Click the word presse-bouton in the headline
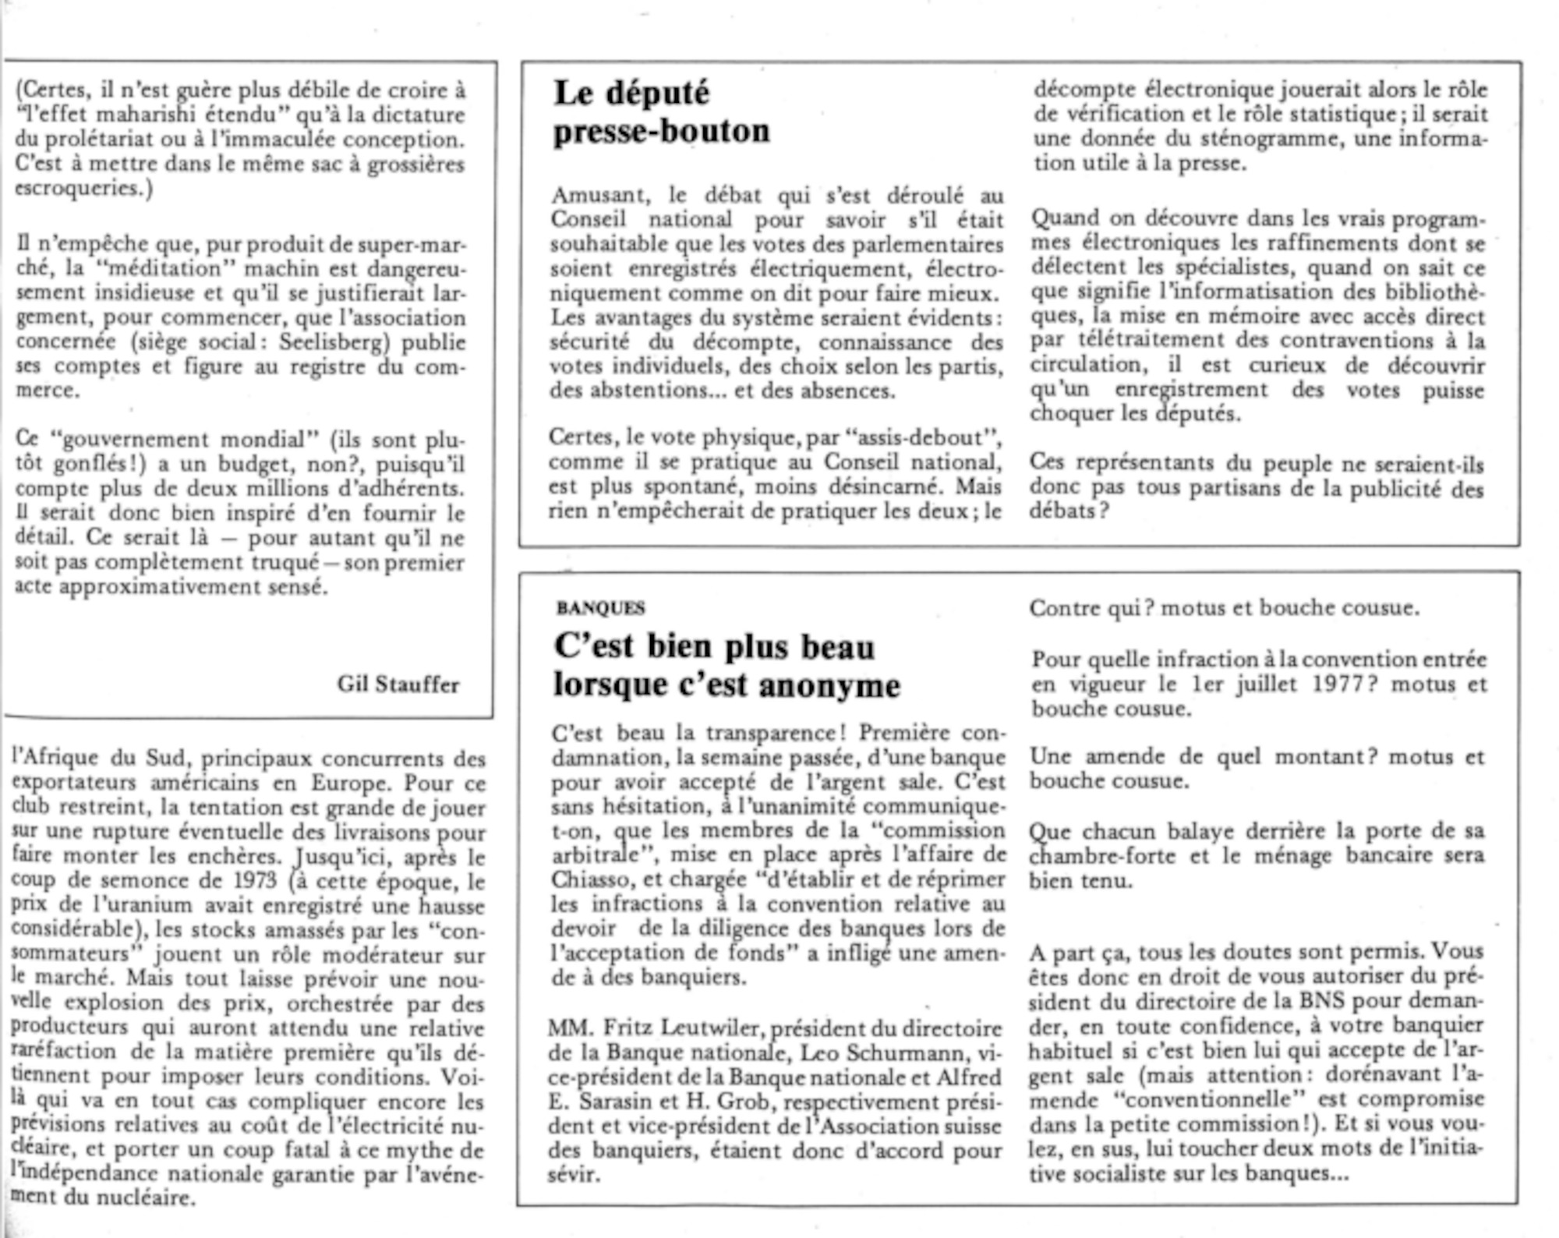pyautogui.click(x=661, y=132)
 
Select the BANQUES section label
pyautogui.click(x=600, y=608)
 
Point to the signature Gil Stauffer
pyautogui.click(x=398, y=684)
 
